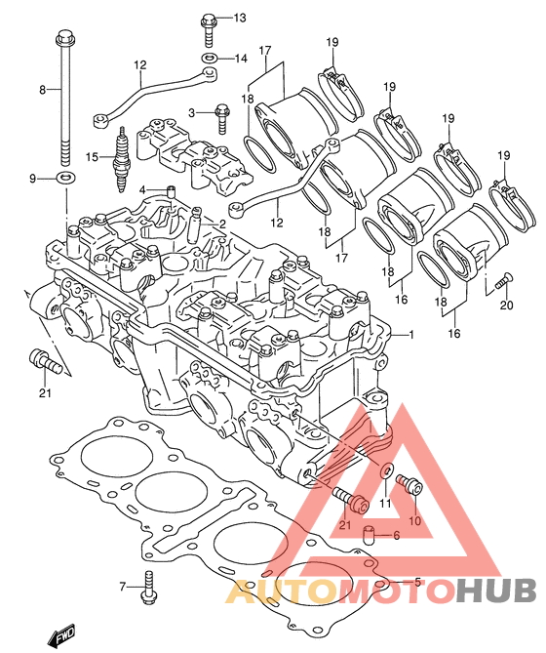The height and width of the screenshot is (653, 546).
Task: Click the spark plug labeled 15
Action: (122, 159)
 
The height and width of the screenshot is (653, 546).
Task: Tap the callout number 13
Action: (239, 18)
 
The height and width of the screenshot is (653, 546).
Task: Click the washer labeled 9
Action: (65, 178)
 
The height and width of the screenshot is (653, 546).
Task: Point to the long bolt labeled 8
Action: (64, 98)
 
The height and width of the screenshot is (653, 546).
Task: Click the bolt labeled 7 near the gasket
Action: (148, 589)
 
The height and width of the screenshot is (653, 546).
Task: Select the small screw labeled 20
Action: (503, 281)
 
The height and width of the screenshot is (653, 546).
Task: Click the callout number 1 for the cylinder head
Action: (411, 334)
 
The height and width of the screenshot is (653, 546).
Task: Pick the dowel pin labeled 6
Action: (370, 536)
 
